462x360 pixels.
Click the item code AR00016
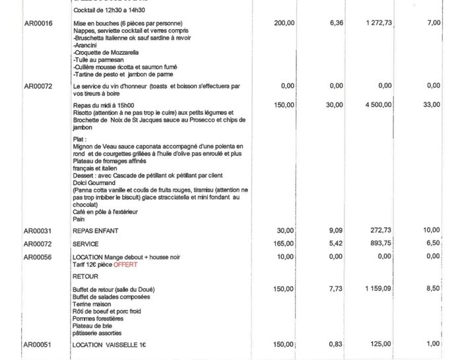(38, 23)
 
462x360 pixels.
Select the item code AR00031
(38, 231)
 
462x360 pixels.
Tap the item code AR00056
(38, 257)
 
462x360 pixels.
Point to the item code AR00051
(38, 344)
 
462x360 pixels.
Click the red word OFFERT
(125, 264)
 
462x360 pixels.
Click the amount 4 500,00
(378, 104)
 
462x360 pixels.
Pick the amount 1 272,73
(378, 23)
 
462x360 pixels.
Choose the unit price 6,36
(336, 23)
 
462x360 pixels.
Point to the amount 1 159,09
(378, 289)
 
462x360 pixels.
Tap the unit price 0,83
(336, 344)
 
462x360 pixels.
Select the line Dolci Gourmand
(94, 183)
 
